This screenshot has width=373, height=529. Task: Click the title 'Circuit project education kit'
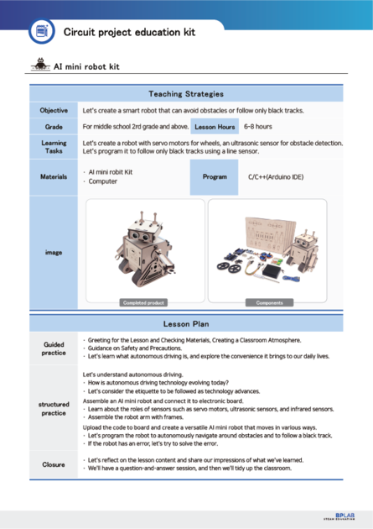pos(124,31)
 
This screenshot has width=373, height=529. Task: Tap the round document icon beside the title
pos(40,31)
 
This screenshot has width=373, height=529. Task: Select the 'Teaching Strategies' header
pos(186,94)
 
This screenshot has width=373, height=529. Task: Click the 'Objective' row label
pos(54,111)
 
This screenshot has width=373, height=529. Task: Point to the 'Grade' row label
pos(54,127)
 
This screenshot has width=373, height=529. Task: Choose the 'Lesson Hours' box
pos(214,127)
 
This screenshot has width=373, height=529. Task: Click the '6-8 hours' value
pos(257,127)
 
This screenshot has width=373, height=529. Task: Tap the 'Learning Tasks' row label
pos(54,147)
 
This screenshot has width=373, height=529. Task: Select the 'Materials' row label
pos(54,176)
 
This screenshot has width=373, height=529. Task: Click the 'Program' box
pos(215,177)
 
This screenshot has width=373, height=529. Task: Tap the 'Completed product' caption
pos(143,302)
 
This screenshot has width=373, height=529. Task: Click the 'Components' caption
pos(269,302)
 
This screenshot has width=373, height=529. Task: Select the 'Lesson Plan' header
pos(186,323)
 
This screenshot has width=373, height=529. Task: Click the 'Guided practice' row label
pos(54,348)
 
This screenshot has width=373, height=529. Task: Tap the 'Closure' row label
pos(54,464)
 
